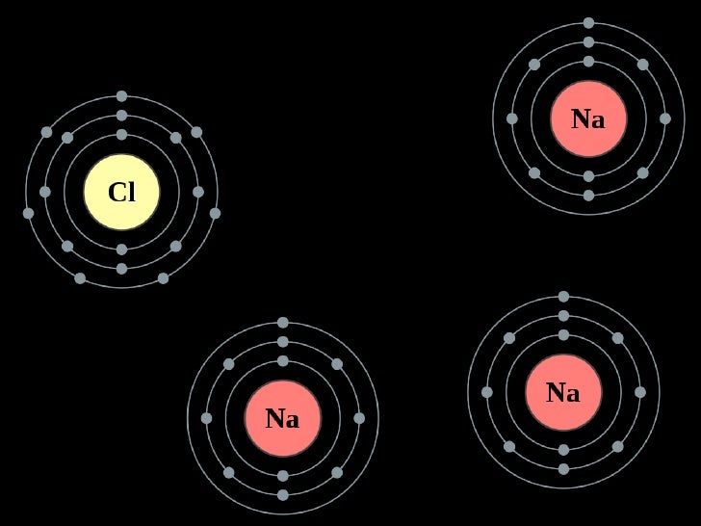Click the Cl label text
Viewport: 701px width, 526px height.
tap(121, 194)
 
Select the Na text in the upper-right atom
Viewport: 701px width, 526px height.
tap(587, 119)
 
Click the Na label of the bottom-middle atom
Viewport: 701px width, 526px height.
tap(282, 419)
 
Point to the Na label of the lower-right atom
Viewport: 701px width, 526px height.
tap(562, 393)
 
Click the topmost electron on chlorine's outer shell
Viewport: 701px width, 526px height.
tap(121, 96)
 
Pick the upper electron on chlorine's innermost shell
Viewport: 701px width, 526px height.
tap(121, 135)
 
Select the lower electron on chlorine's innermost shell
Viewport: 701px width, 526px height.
tap(121, 250)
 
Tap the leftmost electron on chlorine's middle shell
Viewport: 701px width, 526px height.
tap(45, 192)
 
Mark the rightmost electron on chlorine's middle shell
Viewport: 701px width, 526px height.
tap(198, 192)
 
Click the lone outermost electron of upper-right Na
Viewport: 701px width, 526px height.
tap(588, 23)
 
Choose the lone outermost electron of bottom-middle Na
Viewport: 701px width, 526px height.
tap(283, 323)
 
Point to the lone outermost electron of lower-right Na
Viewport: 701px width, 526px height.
tap(563, 297)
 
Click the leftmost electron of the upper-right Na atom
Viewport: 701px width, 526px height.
tap(512, 118)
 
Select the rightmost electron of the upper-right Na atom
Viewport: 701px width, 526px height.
tap(664, 118)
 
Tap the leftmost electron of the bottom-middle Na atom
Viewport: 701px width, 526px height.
tap(206, 418)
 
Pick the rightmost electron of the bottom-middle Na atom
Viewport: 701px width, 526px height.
tap(359, 418)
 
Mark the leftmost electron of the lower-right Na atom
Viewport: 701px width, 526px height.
tap(487, 392)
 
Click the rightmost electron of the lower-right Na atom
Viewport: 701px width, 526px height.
tap(639, 392)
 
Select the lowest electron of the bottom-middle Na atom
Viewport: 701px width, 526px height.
tap(283, 494)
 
